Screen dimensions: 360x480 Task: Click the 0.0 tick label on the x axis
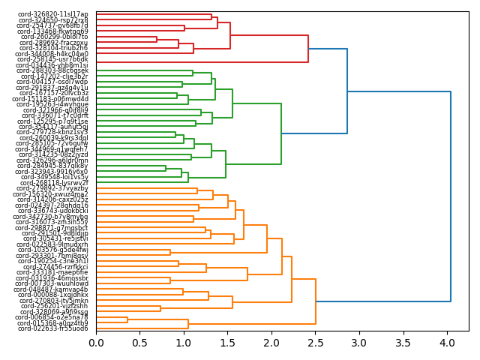click(96, 343)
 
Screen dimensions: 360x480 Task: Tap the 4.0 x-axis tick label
click(447, 343)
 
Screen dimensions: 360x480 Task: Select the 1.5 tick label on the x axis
click(227, 343)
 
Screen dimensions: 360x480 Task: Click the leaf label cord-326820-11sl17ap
click(53, 14)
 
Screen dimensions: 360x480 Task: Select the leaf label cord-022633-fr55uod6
click(53, 328)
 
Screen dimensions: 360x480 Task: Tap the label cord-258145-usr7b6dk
click(53, 59)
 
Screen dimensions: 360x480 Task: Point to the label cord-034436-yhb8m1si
click(53, 65)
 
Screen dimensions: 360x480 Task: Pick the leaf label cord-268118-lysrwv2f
click(54, 183)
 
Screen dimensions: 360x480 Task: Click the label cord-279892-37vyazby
click(53, 188)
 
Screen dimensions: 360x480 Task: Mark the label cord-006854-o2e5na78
click(53, 317)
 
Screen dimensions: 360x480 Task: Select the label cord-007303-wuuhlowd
click(53, 283)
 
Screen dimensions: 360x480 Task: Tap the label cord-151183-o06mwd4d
click(53, 99)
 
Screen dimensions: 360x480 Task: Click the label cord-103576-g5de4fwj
click(53, 250)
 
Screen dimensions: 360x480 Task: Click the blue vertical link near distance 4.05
click(451, 196)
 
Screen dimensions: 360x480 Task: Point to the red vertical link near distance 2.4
click(308, 49)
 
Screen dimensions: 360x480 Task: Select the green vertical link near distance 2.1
click(281, 133)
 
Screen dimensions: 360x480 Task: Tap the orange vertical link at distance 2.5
click(316, 301)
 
